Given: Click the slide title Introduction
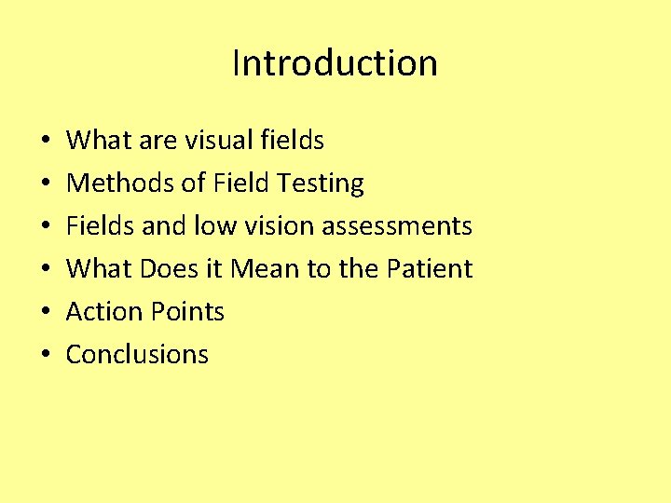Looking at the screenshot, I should (335, 63).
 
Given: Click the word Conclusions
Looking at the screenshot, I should (138, 355).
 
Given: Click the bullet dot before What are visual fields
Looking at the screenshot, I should (46, 142).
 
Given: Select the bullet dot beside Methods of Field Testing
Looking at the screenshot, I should (46, 184).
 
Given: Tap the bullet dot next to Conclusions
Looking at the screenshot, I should (46, 356).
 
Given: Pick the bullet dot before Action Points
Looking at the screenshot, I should (46, 313).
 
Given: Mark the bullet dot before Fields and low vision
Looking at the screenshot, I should (46, 227).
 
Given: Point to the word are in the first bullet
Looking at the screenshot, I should (158, 141).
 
